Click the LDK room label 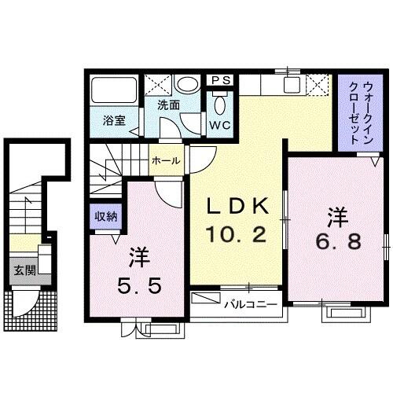pos(238,207)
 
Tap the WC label pos(219,124)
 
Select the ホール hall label pos(165,160)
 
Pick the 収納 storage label pos(106,216)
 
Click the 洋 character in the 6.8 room pos(338,214)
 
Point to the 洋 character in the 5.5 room pos(137,258)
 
